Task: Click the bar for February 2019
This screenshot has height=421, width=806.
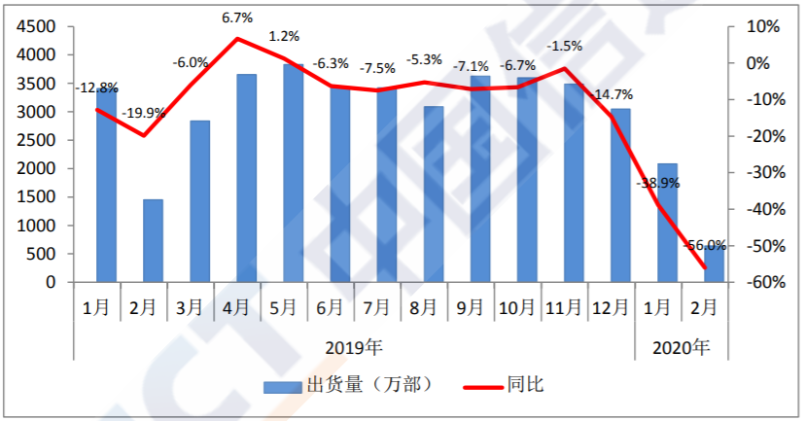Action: coord(153,241)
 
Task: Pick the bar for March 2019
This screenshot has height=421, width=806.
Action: coord(199,201)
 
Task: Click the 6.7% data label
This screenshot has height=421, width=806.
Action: coord(237,18)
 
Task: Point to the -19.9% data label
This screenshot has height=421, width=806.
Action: coord(144,113)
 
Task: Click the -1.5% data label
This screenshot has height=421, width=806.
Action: coord(565,45)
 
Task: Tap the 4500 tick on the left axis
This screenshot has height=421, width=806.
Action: coord(36,26)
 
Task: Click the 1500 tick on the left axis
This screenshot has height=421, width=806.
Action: coord(36,197)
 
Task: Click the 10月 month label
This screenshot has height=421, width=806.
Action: coord(517,308)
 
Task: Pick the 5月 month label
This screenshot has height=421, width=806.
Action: coord(283,308)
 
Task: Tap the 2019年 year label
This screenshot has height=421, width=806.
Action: coord(354,346)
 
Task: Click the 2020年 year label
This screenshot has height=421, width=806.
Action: coord(681,346)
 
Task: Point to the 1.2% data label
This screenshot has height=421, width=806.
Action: coord(284,37)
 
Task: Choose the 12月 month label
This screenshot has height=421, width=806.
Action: coord(611,308)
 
